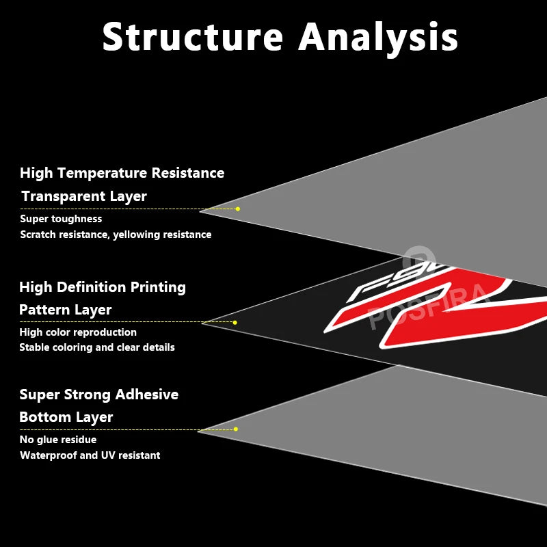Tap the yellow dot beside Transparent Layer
[237, 209]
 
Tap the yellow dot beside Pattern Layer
[235, 322]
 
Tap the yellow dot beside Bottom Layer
[235, 429]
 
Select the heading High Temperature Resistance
[122, 173]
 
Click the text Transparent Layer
[84, 196]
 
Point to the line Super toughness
[61, 219]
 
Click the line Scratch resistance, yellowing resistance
[116, 235]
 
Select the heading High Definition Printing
[103, 287]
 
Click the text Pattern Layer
[65, 310]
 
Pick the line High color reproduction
[78, 332]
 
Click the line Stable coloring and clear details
[96, 347]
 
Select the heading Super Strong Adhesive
[98, 395]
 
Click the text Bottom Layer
[66, 417]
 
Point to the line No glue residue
[58, 440]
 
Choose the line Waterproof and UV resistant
[90, 455]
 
